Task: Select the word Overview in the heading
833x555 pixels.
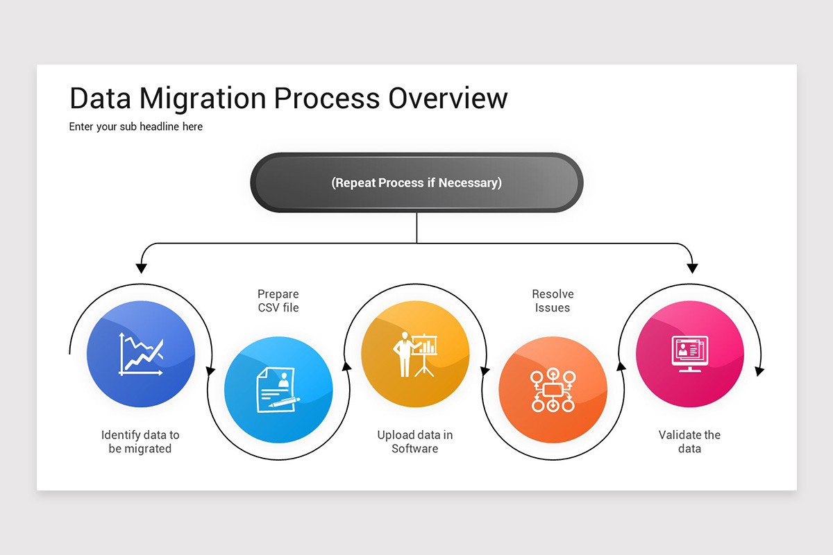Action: click(x=448, y=99)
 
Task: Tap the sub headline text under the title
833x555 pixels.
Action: click(x=136, y=127)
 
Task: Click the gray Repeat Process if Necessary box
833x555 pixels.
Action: click(x=416, y=182)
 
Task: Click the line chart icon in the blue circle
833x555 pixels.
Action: click(x=141, y=354)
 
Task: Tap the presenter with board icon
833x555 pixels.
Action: click(x=415, y=354)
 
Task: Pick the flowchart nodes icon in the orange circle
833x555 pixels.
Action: click(x=553, y=390)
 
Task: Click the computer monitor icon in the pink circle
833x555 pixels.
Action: click(x=690, y=354)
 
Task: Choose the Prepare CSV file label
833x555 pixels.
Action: click(x=278, y=300)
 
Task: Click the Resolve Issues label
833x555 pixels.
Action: click(x=553, y=300)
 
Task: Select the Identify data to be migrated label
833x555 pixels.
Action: click(x=140, y=442)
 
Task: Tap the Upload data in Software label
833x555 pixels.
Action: click(x=415, y=442)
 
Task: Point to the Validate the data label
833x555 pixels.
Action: click(x=690, y=442)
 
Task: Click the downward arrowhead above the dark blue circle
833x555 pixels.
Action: click(x=141, y=267)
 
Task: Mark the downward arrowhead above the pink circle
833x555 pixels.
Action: click(x=691, y=267)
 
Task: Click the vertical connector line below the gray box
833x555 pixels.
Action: click(x=416, y=228)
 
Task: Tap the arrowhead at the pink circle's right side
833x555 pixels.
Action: click(x=759, y=371)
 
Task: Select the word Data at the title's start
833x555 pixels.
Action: click(x=100, y=99)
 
